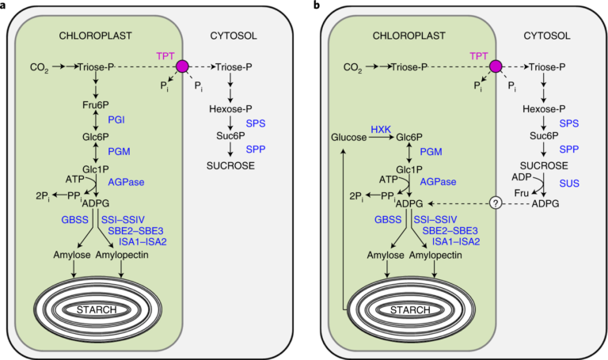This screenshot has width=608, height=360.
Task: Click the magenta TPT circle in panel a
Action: (184, 68)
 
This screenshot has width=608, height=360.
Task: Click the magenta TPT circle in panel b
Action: (496, 68)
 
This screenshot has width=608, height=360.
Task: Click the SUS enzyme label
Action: (570, 183)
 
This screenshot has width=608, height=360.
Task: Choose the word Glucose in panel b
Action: (349, 137)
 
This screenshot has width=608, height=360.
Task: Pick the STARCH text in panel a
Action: (96, 309)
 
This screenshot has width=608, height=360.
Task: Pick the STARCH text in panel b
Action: (408, 309)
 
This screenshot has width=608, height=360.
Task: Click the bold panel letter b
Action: (317, 6)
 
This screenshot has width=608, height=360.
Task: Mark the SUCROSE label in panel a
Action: (230, 165)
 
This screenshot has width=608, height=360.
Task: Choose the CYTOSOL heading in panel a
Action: (234, 35)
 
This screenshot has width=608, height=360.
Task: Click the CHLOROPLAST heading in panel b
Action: (408, 35)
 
